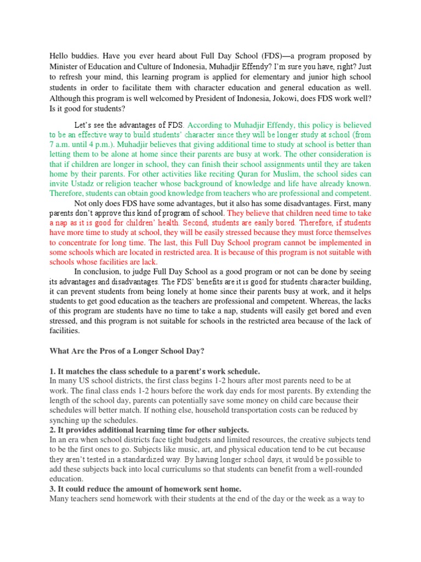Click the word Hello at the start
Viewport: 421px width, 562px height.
[x=60, y=56]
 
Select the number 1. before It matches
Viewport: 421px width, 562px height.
[x=53, y=372]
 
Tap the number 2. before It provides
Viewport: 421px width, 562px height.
[x=53, y=430]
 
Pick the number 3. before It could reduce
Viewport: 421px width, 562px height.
[x=53, y=488]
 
